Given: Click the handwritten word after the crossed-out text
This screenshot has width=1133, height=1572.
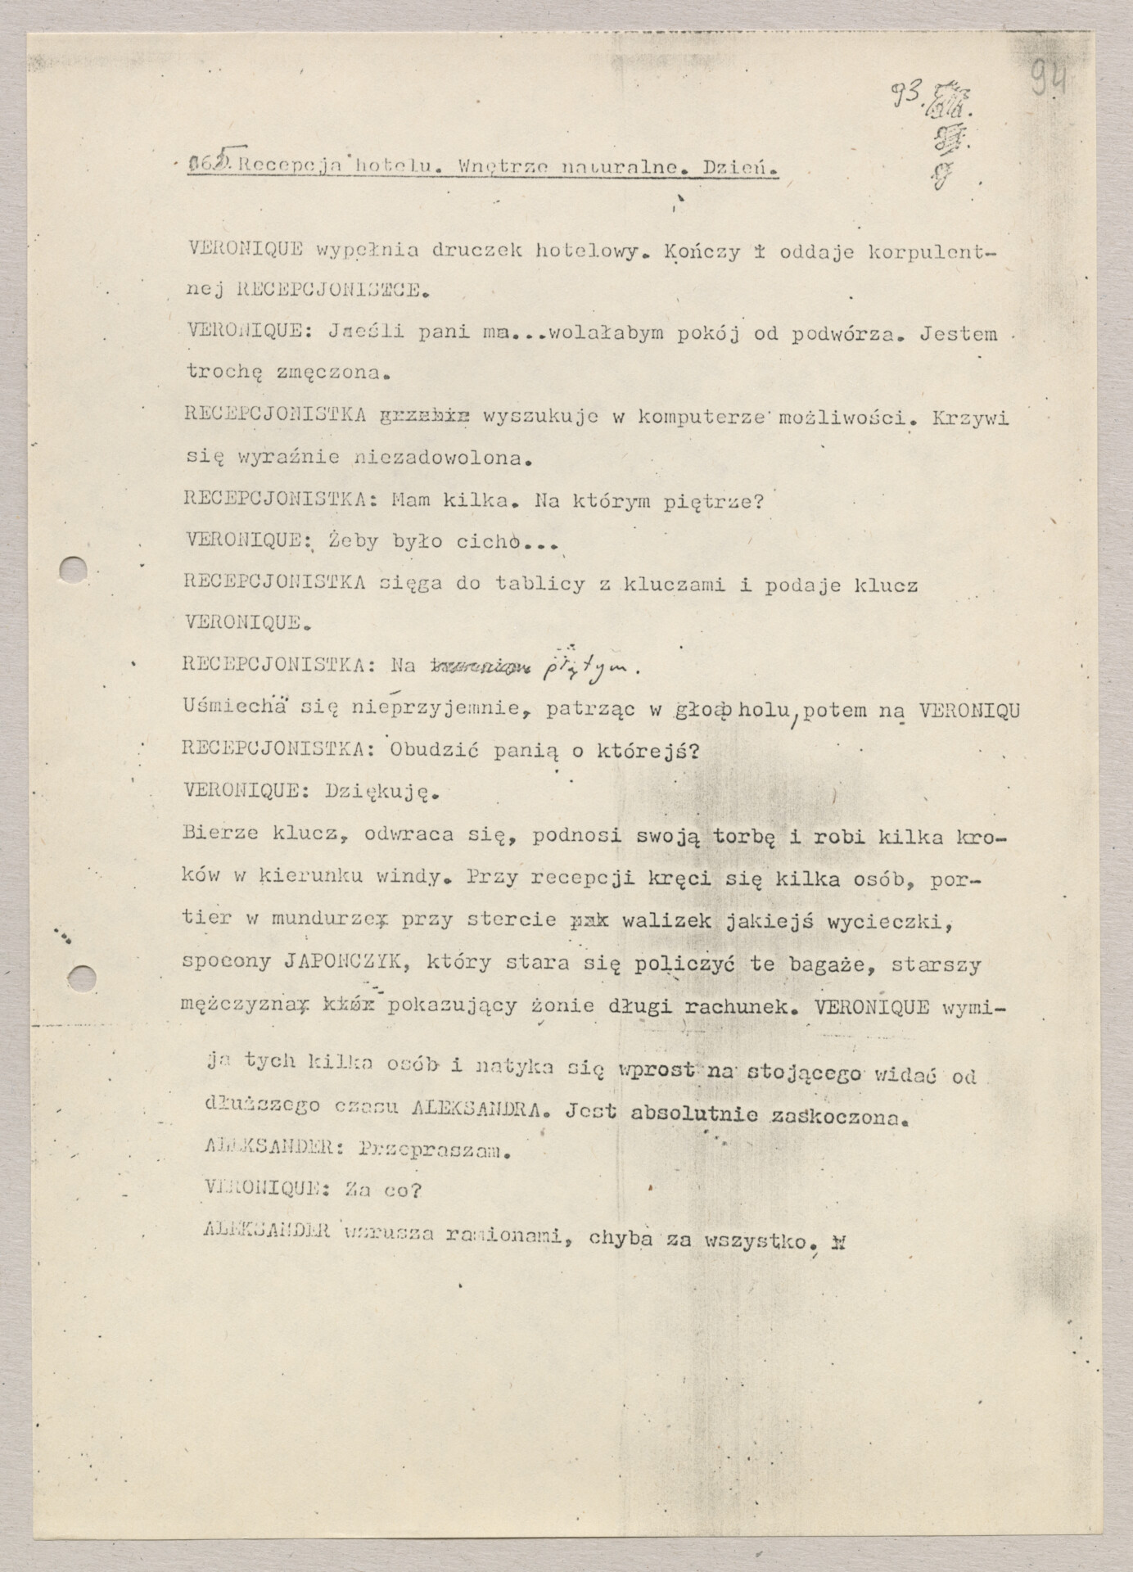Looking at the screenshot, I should coord(585,669).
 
